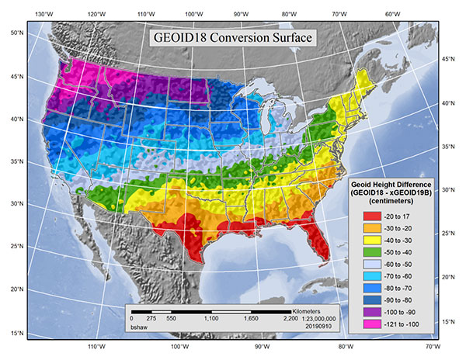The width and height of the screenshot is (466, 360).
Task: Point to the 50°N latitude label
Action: click(x=14, y=33)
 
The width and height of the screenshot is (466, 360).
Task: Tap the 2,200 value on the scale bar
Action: click(x=290, y=319)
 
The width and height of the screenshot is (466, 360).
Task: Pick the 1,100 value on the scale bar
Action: click(x=210, y=319)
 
